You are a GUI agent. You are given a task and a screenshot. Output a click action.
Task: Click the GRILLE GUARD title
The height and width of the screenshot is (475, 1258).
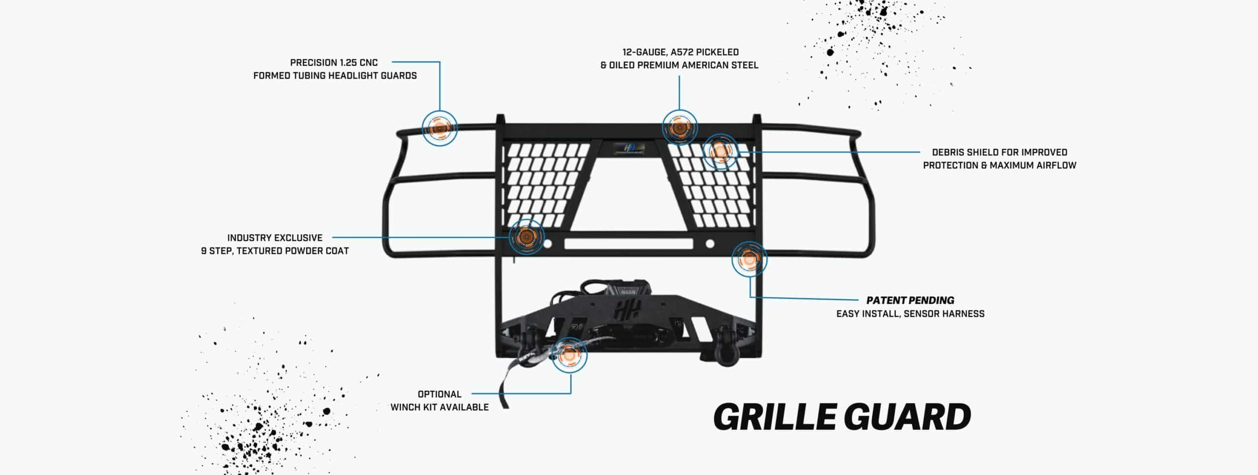pos(842,418)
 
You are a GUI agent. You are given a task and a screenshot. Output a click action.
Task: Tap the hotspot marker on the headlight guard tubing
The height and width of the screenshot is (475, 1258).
pos(440,128)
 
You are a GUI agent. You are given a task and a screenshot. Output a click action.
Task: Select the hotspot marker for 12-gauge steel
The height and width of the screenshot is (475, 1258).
pos(679,127)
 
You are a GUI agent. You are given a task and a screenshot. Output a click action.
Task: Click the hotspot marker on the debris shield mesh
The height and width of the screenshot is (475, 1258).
pos(719,151)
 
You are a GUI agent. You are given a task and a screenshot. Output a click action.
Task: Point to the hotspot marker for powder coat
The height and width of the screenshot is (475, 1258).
pos(526,237)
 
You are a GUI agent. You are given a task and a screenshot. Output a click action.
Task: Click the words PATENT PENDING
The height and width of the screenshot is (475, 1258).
pos(910,300)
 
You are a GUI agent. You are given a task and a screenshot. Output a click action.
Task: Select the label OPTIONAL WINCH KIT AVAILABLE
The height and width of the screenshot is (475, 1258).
pos(439,400)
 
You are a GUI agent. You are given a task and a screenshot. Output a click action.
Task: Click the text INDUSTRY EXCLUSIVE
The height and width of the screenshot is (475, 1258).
pos(275,238)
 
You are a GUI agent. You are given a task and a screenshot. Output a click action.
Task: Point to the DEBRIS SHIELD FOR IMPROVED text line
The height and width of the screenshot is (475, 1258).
pos(1000,152)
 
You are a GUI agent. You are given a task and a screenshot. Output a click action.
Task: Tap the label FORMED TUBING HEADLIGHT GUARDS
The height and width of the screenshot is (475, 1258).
pos(335,76)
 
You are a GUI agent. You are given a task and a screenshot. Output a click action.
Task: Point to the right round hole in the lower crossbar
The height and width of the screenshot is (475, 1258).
pos(710,244)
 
